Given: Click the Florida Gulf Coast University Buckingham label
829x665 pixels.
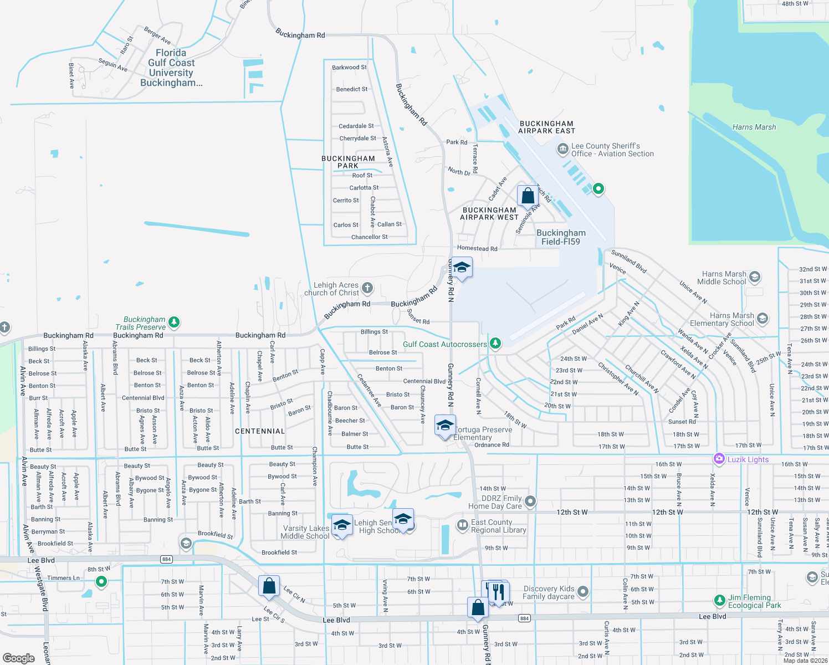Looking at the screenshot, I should (171, 68).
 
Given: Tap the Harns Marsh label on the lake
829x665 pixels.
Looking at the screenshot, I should (754, 127).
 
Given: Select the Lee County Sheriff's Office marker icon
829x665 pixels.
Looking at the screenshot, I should (562, 149).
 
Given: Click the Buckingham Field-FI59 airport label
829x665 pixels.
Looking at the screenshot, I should (561, 237).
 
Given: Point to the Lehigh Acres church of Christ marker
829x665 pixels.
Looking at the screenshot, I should (367, 288).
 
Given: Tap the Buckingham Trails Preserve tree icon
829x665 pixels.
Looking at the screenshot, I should (174, 322).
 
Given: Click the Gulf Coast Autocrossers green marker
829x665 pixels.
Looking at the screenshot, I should (495, 344).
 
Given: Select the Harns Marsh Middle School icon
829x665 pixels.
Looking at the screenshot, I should (755, 277).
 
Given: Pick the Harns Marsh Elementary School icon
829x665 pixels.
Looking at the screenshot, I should (763, 319).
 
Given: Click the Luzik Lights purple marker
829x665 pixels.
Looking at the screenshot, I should (719, 459).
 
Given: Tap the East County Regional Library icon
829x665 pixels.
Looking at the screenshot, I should (463, 525).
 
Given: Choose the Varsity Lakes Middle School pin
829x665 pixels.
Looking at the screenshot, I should (342, 525).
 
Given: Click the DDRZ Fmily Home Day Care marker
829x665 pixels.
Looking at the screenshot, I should (530, 502).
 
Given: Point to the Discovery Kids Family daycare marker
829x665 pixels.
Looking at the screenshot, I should (582, 592).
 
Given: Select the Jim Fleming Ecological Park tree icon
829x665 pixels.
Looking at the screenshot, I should (719, 601).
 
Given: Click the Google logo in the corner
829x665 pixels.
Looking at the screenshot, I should (19, 658).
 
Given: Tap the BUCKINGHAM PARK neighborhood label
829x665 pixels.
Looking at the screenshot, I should (348, 162).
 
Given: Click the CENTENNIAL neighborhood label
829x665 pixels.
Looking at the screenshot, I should (260, 431).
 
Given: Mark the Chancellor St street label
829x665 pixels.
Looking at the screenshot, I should (369, 237).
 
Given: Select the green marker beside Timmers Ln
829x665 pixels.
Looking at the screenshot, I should (101, 581).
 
